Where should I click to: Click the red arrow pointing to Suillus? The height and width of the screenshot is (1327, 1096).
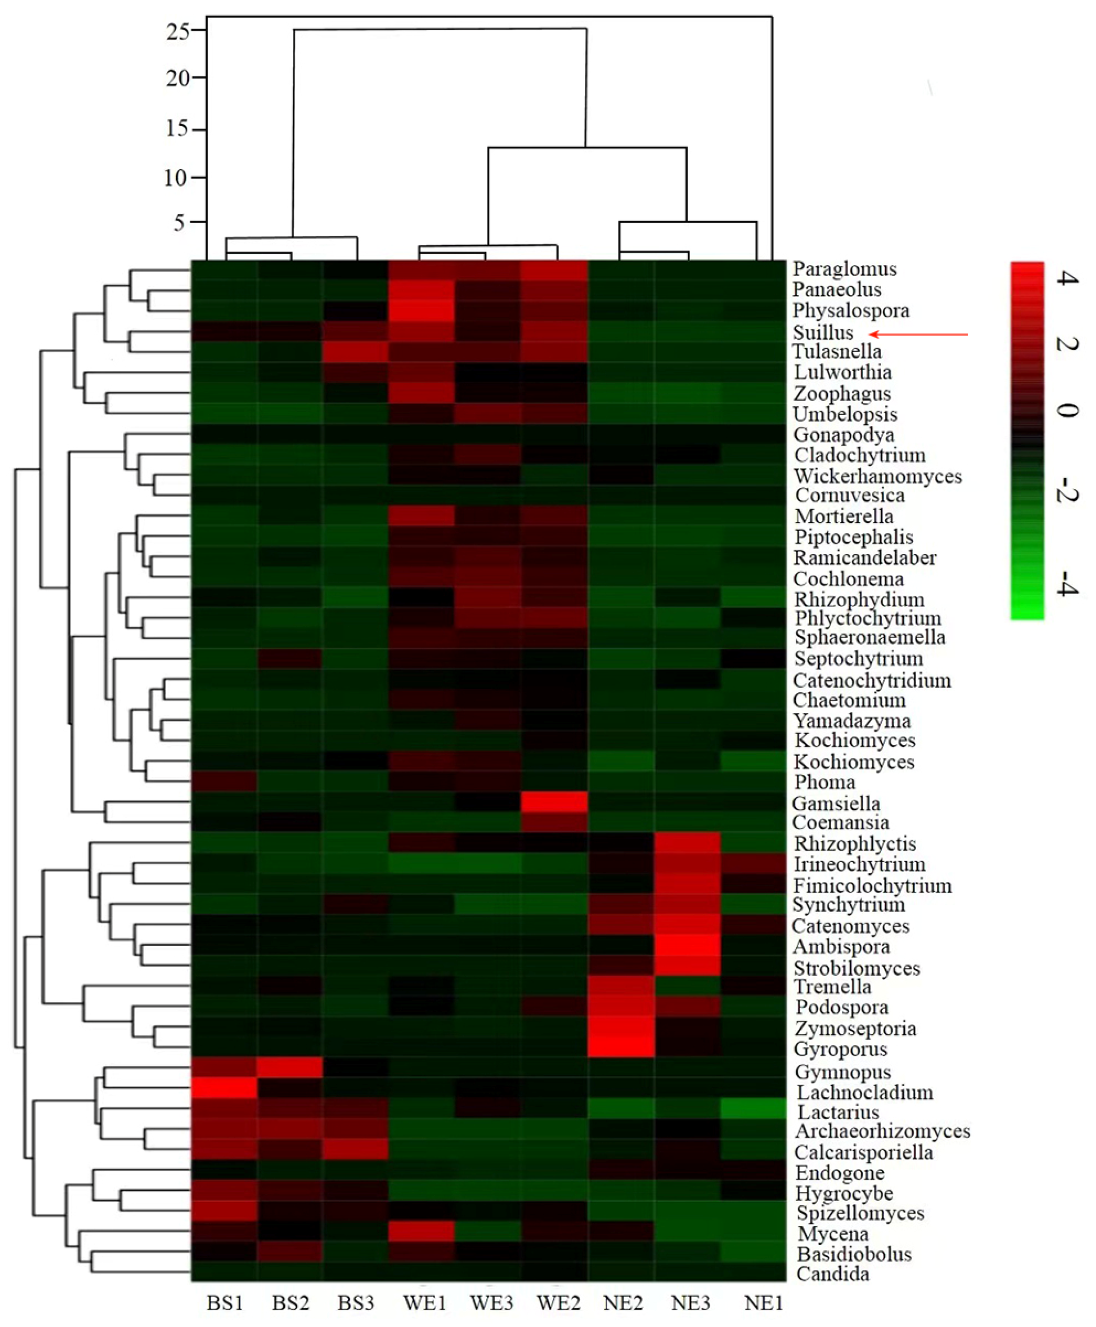(x=919, y=334)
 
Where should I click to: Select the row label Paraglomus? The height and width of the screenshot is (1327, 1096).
(x=844, y=269)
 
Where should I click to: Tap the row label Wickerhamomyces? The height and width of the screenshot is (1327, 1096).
(x=877, y=476)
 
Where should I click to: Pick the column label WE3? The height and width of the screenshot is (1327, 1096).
(x=491, y=1303)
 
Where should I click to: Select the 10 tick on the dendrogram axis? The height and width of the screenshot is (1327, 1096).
(x=175, y=178)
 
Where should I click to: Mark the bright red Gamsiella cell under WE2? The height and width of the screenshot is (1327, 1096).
(x=554, y=802)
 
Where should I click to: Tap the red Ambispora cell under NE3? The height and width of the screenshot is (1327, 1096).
(x=687, y=946)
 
